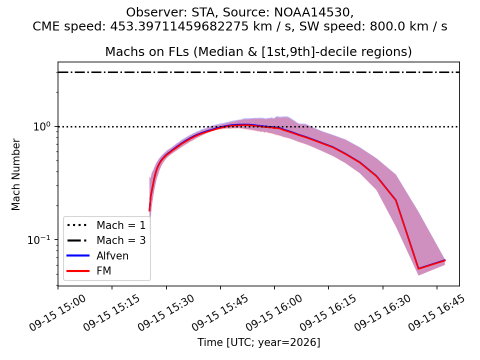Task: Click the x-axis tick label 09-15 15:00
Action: point(58,313)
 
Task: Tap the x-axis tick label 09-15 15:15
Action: point(112,313)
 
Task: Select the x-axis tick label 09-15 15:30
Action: point(166,313)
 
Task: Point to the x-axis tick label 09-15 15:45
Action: point(220,313)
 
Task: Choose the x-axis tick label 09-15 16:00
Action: point(274,313)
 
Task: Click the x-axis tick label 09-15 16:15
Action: point(328,313)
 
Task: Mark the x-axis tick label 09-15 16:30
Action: point(382,313)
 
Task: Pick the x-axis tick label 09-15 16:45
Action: point(437,313)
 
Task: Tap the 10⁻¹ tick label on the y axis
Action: point(39,239)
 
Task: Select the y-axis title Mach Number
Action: point(15,174)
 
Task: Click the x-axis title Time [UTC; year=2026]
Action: point(258,342)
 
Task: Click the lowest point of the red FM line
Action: point(418,269)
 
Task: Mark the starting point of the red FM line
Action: point(149,210)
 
